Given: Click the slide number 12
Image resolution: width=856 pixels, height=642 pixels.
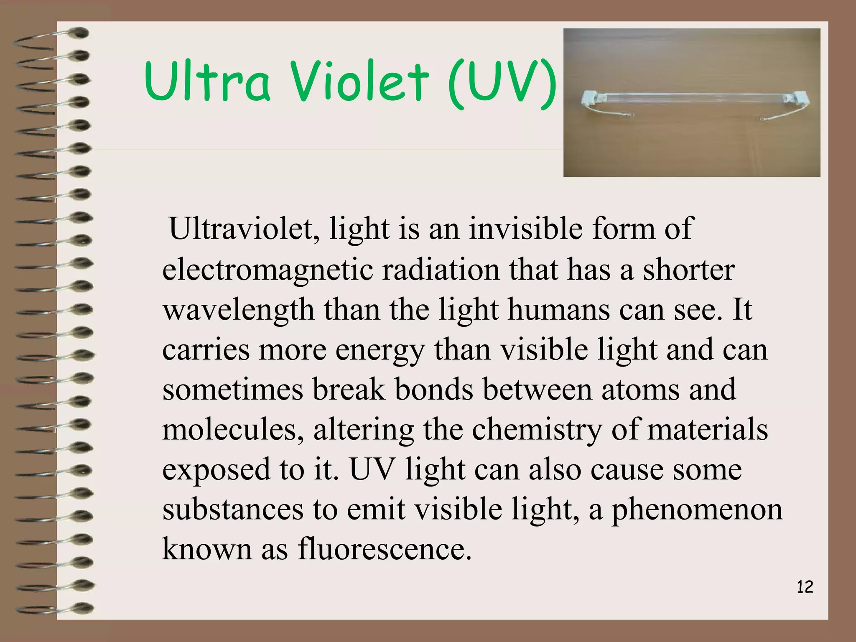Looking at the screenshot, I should [805, 587].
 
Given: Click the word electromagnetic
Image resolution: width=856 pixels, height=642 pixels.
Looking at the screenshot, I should [267, 270].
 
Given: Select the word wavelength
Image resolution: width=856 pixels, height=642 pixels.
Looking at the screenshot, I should [238, 310].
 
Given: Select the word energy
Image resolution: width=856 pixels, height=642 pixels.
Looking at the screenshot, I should [380, 350].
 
